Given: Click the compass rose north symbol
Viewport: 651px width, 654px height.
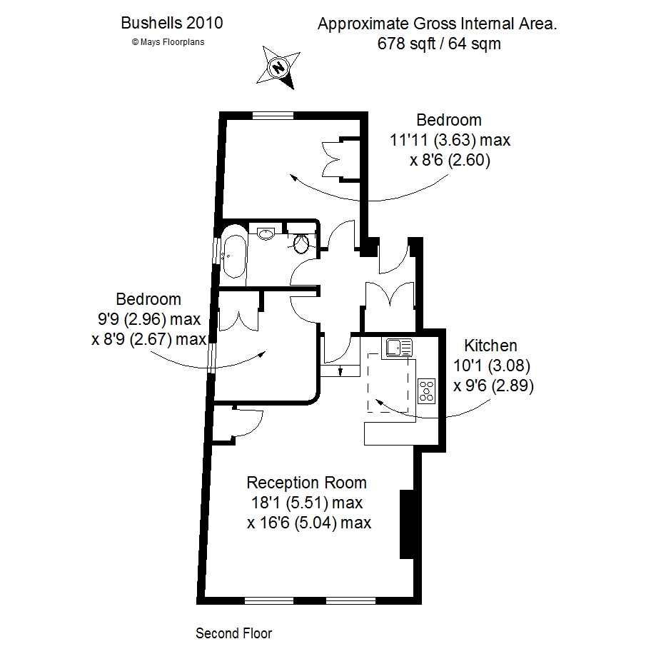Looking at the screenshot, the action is point(278,67).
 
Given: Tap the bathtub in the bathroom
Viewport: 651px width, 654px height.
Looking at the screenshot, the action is point(233,252).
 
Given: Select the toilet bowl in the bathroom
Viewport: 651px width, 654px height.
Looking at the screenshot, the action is point(301,243).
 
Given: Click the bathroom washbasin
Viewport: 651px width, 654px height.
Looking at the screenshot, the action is point(266,233).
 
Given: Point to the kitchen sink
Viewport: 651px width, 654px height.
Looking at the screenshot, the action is point(399,348).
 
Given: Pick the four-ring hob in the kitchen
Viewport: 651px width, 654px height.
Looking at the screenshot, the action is point(427,391).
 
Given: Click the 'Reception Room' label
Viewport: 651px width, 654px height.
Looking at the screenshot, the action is point(306,483).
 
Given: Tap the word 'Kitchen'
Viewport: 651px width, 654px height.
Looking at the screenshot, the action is point(490,346).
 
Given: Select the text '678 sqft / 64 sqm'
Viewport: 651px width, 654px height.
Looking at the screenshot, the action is point(439,44).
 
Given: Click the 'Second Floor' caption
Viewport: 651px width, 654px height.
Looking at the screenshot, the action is point(233,633).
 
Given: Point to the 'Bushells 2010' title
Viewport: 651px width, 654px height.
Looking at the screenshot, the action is point(172,23).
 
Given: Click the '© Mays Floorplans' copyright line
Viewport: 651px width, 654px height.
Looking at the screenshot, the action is point(168,41).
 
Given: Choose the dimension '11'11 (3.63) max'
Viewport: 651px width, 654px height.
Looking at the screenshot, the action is point(450,140).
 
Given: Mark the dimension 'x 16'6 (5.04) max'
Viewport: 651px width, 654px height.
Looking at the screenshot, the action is point(309,523).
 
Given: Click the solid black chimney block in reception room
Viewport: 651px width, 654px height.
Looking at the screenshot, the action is point(407,524).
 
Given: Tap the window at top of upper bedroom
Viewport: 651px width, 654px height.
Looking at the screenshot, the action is point(273,115).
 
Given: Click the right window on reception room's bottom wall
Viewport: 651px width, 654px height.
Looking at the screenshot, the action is point(350,600).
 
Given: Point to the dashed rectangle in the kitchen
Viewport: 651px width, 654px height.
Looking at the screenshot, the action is point(388,383).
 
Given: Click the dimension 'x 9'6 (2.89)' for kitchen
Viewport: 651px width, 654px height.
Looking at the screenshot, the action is point(494,386).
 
